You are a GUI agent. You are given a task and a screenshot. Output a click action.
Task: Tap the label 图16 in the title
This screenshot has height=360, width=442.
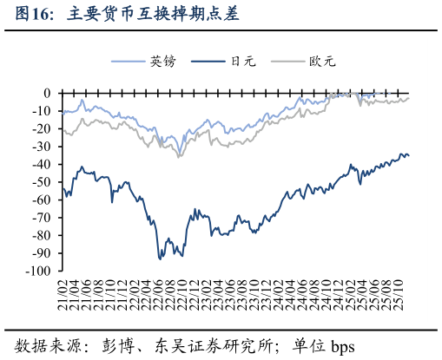click(36, 15)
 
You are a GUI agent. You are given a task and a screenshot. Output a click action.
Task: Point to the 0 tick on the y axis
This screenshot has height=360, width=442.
click(49, 93)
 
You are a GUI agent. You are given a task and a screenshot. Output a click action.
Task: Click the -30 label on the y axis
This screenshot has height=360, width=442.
click(43, 147)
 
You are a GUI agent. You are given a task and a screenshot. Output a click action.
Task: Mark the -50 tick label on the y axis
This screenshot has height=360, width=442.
click(43, 182)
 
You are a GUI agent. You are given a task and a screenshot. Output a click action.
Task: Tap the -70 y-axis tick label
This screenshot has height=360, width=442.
click(43, 218)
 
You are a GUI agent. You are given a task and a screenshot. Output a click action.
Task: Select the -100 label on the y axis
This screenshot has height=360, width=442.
click(40, 271)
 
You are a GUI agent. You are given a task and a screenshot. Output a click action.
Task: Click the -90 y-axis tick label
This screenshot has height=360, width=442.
click(43, 253)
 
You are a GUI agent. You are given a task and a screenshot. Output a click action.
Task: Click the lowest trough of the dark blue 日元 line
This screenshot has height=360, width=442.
click(160, 259)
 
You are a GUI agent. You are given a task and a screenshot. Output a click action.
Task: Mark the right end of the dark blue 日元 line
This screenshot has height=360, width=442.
click(409, 155)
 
